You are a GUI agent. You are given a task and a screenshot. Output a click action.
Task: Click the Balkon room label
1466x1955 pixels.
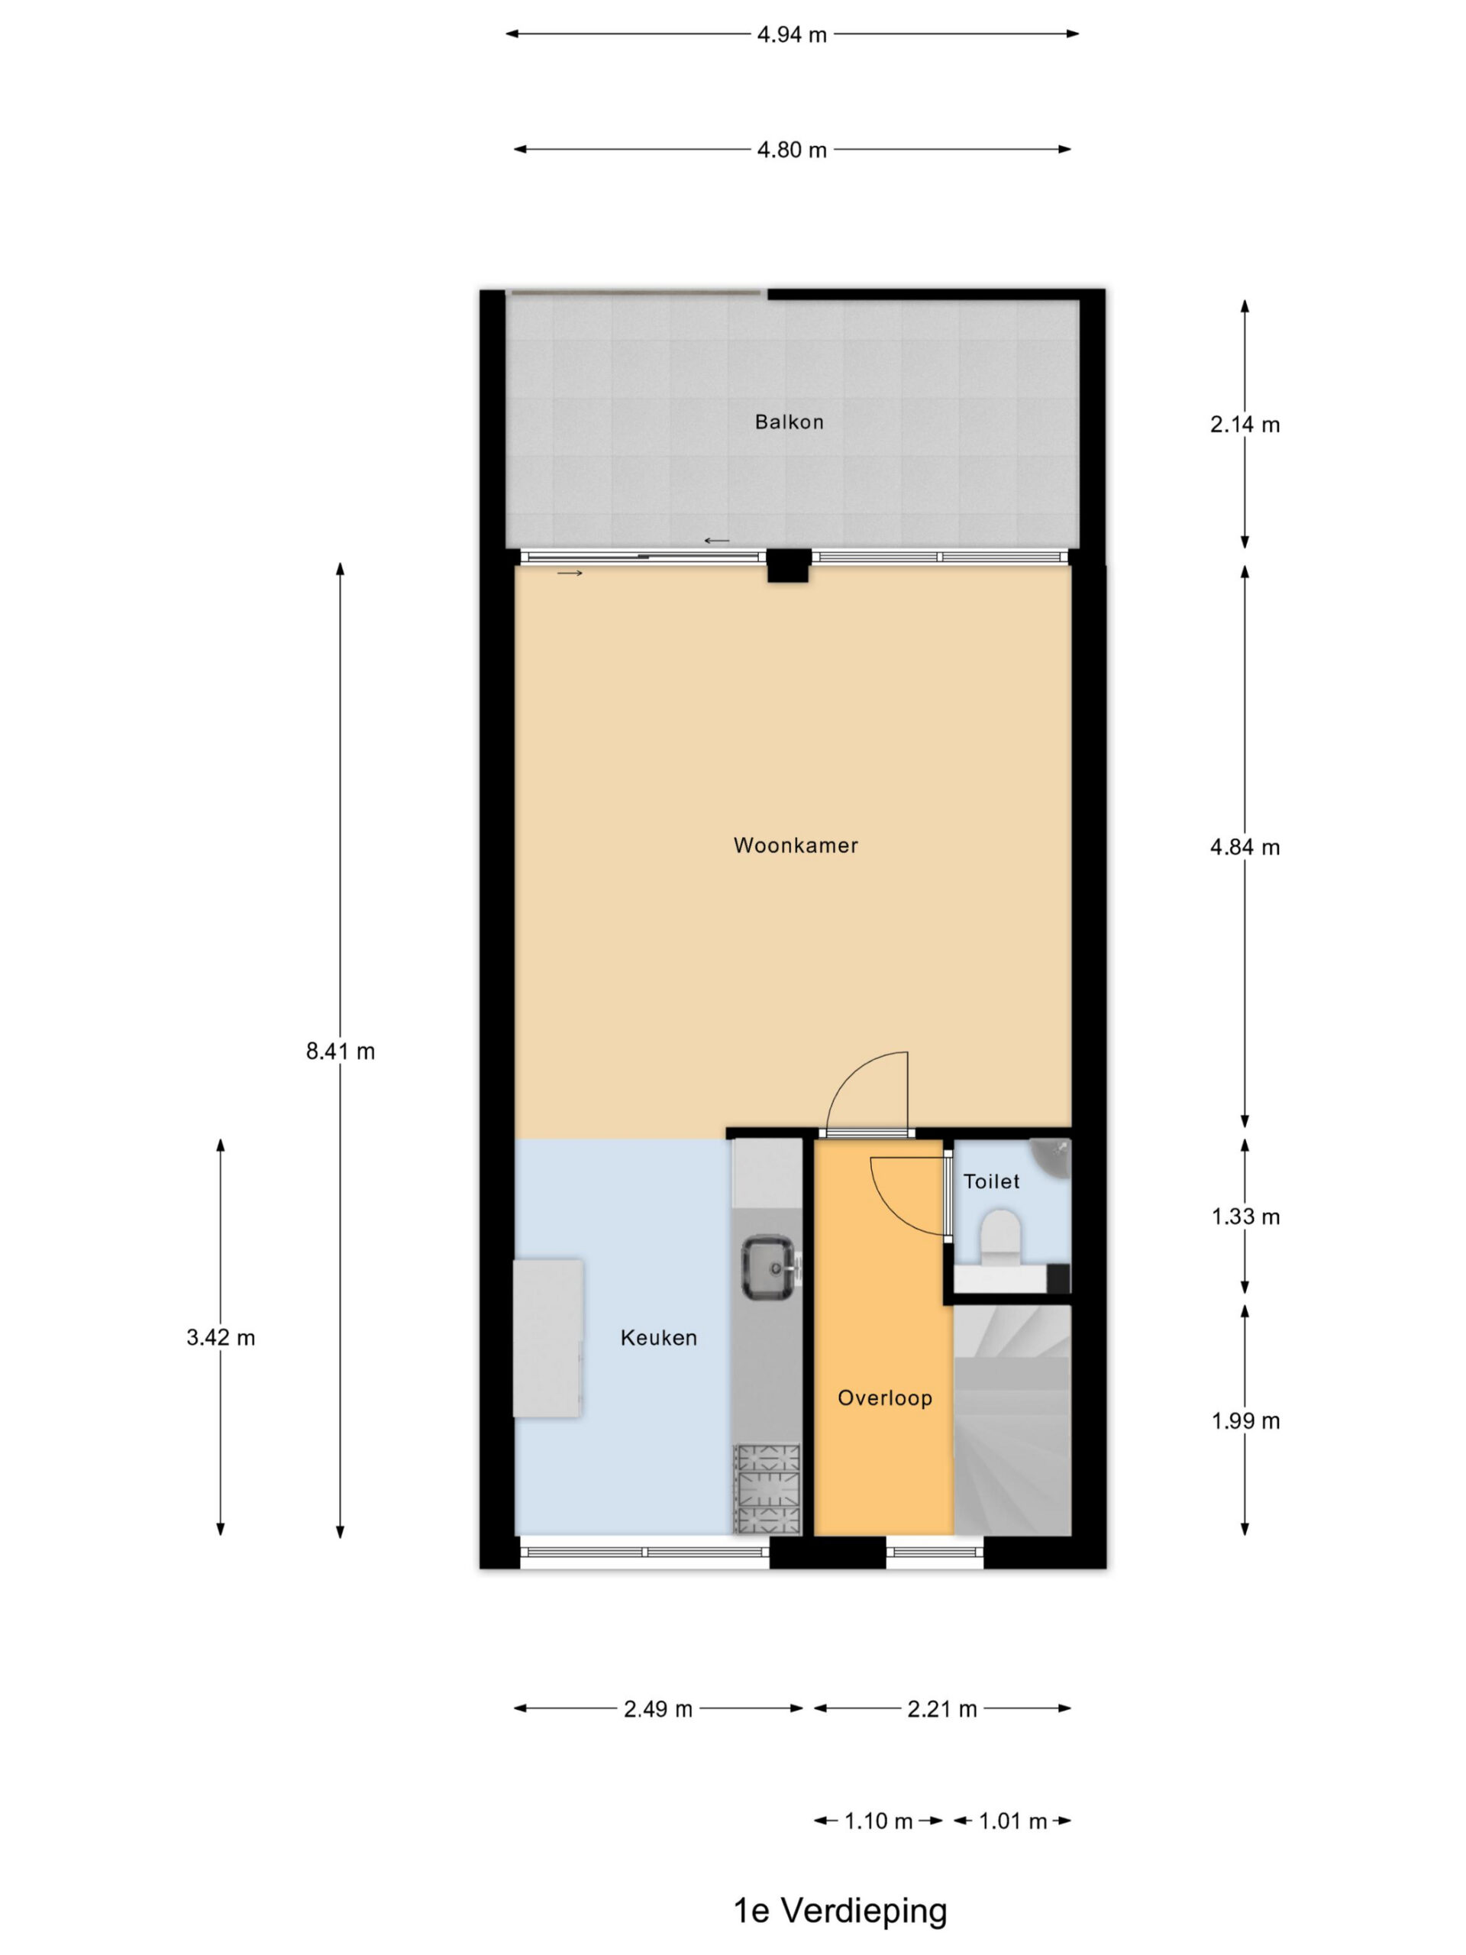pos(788,422)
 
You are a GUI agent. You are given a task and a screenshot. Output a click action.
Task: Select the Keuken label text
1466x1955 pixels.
pos(658,1337)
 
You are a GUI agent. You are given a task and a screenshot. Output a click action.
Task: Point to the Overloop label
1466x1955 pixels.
pos(884,1398)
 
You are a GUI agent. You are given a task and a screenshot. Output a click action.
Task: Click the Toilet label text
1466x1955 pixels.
pos(992,1181)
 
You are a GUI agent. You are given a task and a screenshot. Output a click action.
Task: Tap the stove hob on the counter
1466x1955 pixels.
pos(766,1489)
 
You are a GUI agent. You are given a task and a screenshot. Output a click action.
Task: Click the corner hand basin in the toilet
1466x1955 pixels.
pos(1051,1156)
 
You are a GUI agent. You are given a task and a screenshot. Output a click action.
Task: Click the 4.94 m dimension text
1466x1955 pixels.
pos(792,34)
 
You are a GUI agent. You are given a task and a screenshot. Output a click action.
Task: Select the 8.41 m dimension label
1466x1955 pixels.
pos(341,1051)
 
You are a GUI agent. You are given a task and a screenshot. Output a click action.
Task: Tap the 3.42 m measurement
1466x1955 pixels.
pos(221,1337)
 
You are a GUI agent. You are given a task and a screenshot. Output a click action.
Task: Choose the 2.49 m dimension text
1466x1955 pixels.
pos(658,1709)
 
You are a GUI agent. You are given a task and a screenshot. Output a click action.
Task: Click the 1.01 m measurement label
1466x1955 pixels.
pos(1012,1821)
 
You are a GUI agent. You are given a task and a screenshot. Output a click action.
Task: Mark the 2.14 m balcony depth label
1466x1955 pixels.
pos(1245,425)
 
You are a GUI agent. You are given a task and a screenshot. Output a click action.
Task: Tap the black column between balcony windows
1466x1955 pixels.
pos(788,566)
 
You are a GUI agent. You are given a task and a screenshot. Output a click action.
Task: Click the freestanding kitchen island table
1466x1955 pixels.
pos(548,1338)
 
